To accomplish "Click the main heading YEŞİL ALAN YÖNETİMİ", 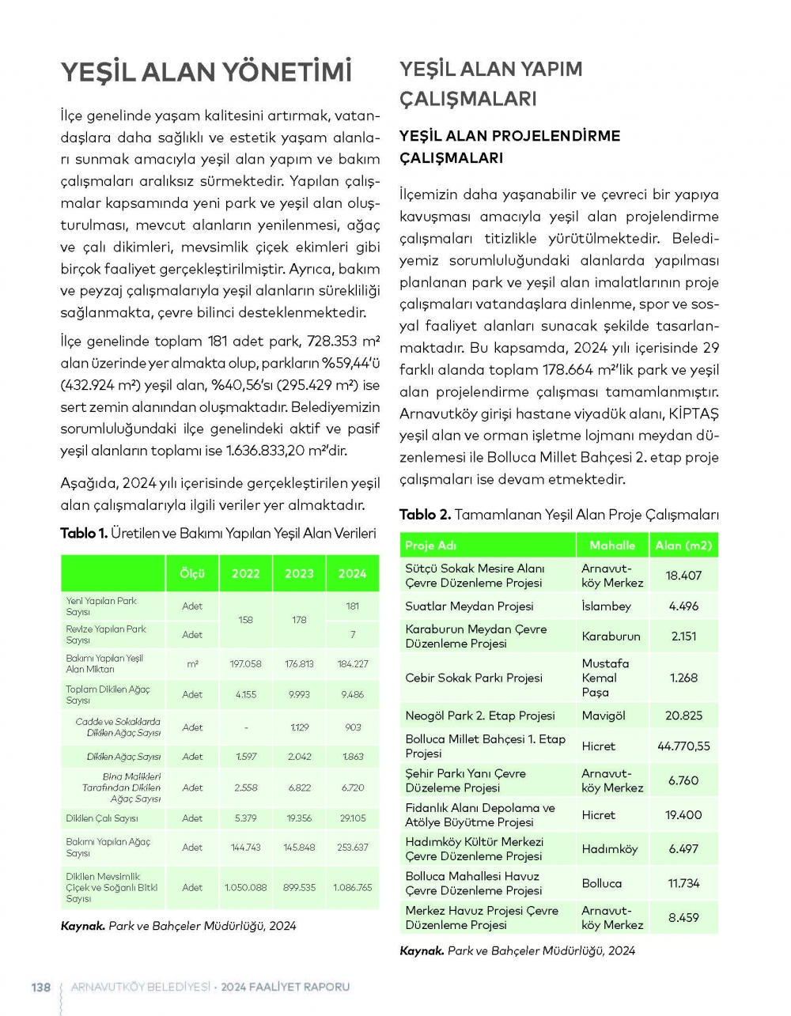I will click(206, 72).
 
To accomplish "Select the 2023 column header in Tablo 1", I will click(299, 573).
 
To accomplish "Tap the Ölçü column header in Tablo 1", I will click(192, 573).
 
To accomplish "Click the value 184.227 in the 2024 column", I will click(353, 664).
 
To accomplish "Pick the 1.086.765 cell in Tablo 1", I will click(353, 887).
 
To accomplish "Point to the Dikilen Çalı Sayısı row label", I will click(102, 818).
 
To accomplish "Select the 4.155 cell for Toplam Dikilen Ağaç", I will click(246, 694).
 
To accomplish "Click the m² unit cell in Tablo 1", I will click(192, 664).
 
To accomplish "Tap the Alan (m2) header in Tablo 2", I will click(683, 545).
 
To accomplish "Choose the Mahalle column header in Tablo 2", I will click(612, 545).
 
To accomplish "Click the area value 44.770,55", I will click(683, 746).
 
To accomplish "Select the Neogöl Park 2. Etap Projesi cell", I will click(480, 716).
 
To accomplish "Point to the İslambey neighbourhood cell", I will click(607, 606).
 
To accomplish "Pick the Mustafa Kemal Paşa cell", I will click(606, 678).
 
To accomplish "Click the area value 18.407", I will click(683, 576).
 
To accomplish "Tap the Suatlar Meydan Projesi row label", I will click(469, 606).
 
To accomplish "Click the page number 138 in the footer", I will click(40, 987).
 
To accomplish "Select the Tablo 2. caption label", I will click(425, 515).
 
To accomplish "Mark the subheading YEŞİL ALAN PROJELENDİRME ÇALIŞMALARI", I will click(509, 146).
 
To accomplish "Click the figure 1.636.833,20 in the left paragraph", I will click(271, 451).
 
